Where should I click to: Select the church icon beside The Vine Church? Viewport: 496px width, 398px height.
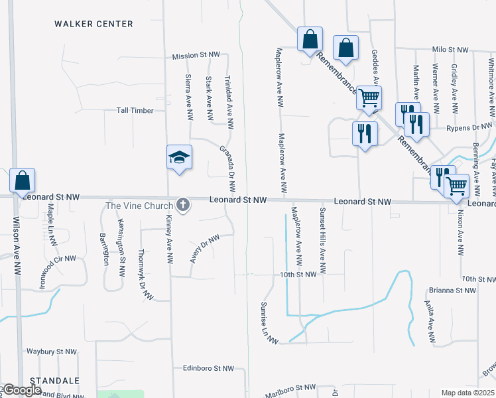182,206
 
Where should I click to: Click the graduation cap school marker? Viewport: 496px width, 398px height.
179,157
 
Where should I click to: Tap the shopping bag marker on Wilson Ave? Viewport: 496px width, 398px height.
22,180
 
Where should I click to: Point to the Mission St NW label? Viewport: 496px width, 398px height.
196,56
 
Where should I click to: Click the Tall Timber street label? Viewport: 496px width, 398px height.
135,110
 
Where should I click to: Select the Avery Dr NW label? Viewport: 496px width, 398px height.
204,248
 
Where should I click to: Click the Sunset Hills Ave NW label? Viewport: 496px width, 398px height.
323,240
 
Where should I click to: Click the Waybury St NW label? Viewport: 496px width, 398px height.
52,352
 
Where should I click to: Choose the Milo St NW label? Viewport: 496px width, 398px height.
450,49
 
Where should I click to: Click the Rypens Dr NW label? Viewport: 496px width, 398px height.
469,127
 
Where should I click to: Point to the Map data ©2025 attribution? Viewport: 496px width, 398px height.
468,393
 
